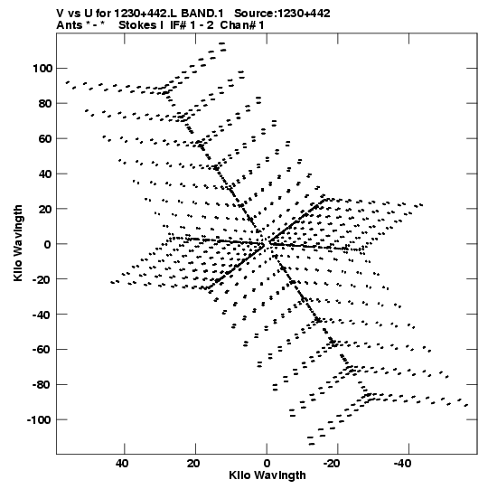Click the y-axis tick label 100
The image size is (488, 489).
[x=42, y=69]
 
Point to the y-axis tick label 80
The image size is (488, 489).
[x=45, y=104]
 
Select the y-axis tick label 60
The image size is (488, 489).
[x=45, y=139]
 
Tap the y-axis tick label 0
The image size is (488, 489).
[x=47, y=244]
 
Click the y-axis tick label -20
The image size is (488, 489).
[x=42, y=279]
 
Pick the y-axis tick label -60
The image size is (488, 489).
[x=42, y=350]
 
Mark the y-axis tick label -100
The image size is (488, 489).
[x=39, y=420]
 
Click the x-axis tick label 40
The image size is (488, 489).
[x=122, y=464]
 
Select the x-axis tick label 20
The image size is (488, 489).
[x=193, y=464]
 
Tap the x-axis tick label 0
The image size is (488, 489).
[x=267, y=464]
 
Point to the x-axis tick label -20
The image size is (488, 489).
[x=332, y=464]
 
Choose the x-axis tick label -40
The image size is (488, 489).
[x=402, y=464]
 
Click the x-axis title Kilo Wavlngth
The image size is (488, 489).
[x=267, y=475]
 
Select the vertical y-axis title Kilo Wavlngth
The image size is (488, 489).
[x=18, y=243]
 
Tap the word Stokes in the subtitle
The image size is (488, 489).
[x=136, y=25]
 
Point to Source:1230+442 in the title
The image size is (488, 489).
[x=282, y=14]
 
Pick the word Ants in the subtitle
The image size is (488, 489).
[x=68, y=25]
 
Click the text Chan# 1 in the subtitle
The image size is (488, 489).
[x=242, y=25]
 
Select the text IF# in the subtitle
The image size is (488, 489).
[x=179, y=25]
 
